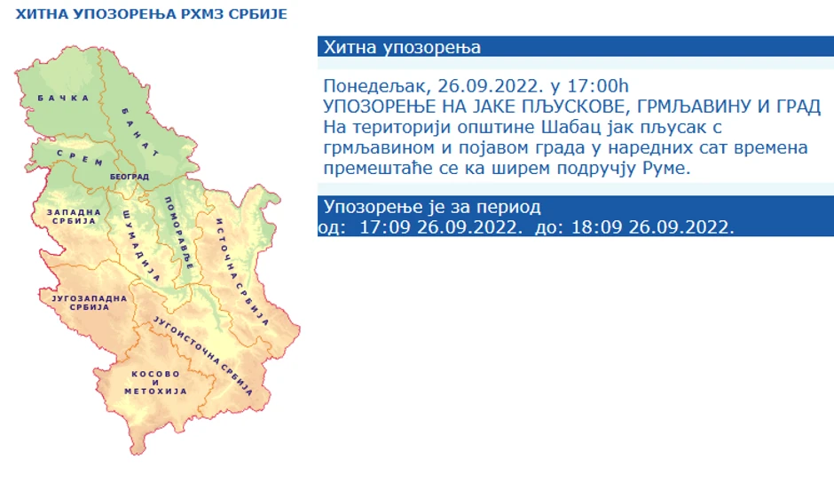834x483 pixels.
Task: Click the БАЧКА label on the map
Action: point(63,98)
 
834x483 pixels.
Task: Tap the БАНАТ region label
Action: point(140,132)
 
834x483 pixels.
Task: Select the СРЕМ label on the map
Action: point(80,158)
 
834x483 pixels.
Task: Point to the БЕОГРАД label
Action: point(130,177)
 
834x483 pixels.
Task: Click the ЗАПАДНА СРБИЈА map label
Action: point(74,217)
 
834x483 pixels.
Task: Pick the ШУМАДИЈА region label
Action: point(141,245)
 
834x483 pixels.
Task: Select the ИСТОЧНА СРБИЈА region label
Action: point(242,272)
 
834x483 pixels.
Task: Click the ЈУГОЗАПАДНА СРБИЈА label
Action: point(90,303)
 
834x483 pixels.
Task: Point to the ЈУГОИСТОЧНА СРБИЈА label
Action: point(202,356)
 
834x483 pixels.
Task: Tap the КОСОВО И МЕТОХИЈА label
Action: point(155,383)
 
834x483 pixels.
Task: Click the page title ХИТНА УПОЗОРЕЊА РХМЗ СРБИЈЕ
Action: point(151,14)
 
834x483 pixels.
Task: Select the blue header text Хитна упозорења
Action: point(402,47)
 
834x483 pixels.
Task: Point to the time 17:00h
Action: point(598,86)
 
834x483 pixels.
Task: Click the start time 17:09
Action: point(385,227)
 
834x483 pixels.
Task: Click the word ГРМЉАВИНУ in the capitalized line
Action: point(694,107)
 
